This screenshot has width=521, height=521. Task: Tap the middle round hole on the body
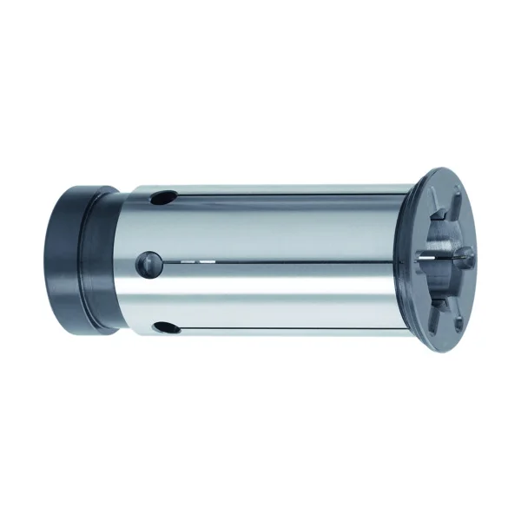tap(149, 260)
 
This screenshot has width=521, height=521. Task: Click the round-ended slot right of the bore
tap(464, 254)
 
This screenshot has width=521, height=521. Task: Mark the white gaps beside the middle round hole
tap(195, 260)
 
